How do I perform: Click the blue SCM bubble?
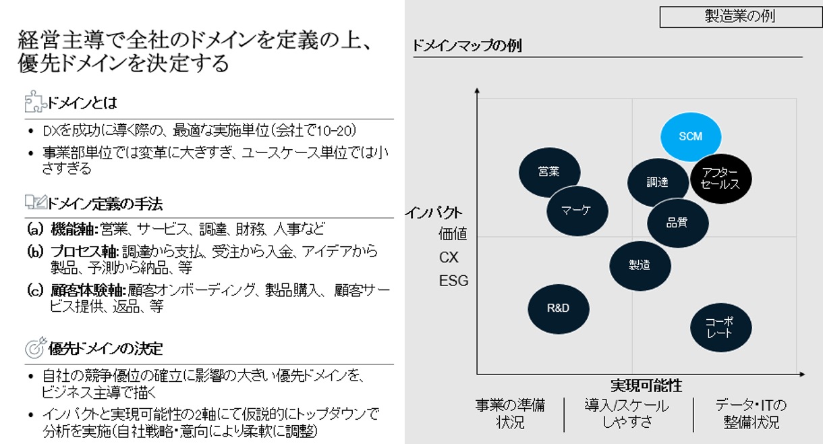tap(690, 137)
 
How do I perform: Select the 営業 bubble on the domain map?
tap(549, 171)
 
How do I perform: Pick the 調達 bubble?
tap(657, 182)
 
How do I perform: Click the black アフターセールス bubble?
tap(720, 178)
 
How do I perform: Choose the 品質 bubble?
tap(677, 223)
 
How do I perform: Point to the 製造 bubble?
tap(640, 265)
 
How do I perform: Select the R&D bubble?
tap(558, 308)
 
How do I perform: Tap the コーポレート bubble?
tap(720, 327)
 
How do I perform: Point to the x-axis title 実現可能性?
tap(646, 386)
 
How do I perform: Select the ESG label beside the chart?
tap(453, 281)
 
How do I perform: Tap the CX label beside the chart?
tap(449, 258)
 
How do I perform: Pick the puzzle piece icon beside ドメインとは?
tap(33, 102)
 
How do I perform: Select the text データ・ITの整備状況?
tap(751, 414)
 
